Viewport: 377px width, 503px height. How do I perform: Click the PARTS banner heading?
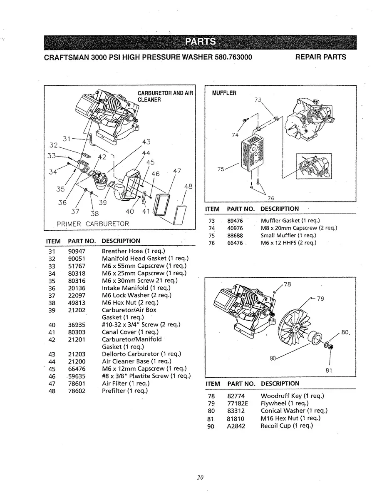click(200, 42)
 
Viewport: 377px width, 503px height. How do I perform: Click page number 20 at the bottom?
click(200, 477)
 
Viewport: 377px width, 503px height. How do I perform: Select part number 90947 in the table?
click(77, 251)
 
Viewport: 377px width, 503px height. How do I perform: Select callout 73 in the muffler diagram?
click(258, 100)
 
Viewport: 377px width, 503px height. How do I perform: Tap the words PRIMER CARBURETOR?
click(92, 224)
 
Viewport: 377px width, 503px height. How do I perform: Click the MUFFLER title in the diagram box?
click(224, 93)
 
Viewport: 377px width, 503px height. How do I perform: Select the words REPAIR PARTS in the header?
click(320, 57)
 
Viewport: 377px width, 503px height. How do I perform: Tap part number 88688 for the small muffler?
click(235, 236)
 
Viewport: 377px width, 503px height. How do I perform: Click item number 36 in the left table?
click(52, 288)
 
